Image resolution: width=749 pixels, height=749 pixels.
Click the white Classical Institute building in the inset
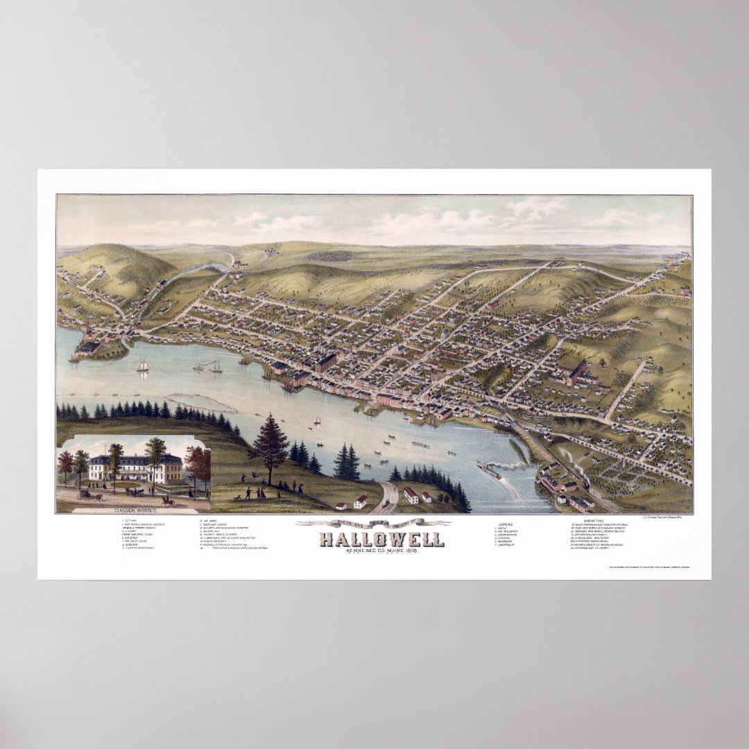click(x=135, y=470)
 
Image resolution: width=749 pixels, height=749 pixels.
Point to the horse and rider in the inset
click(x=167, y=499)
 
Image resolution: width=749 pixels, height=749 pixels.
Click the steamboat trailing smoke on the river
click(x=492, y=470)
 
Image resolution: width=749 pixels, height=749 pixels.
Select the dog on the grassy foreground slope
click(x=236, y=497)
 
